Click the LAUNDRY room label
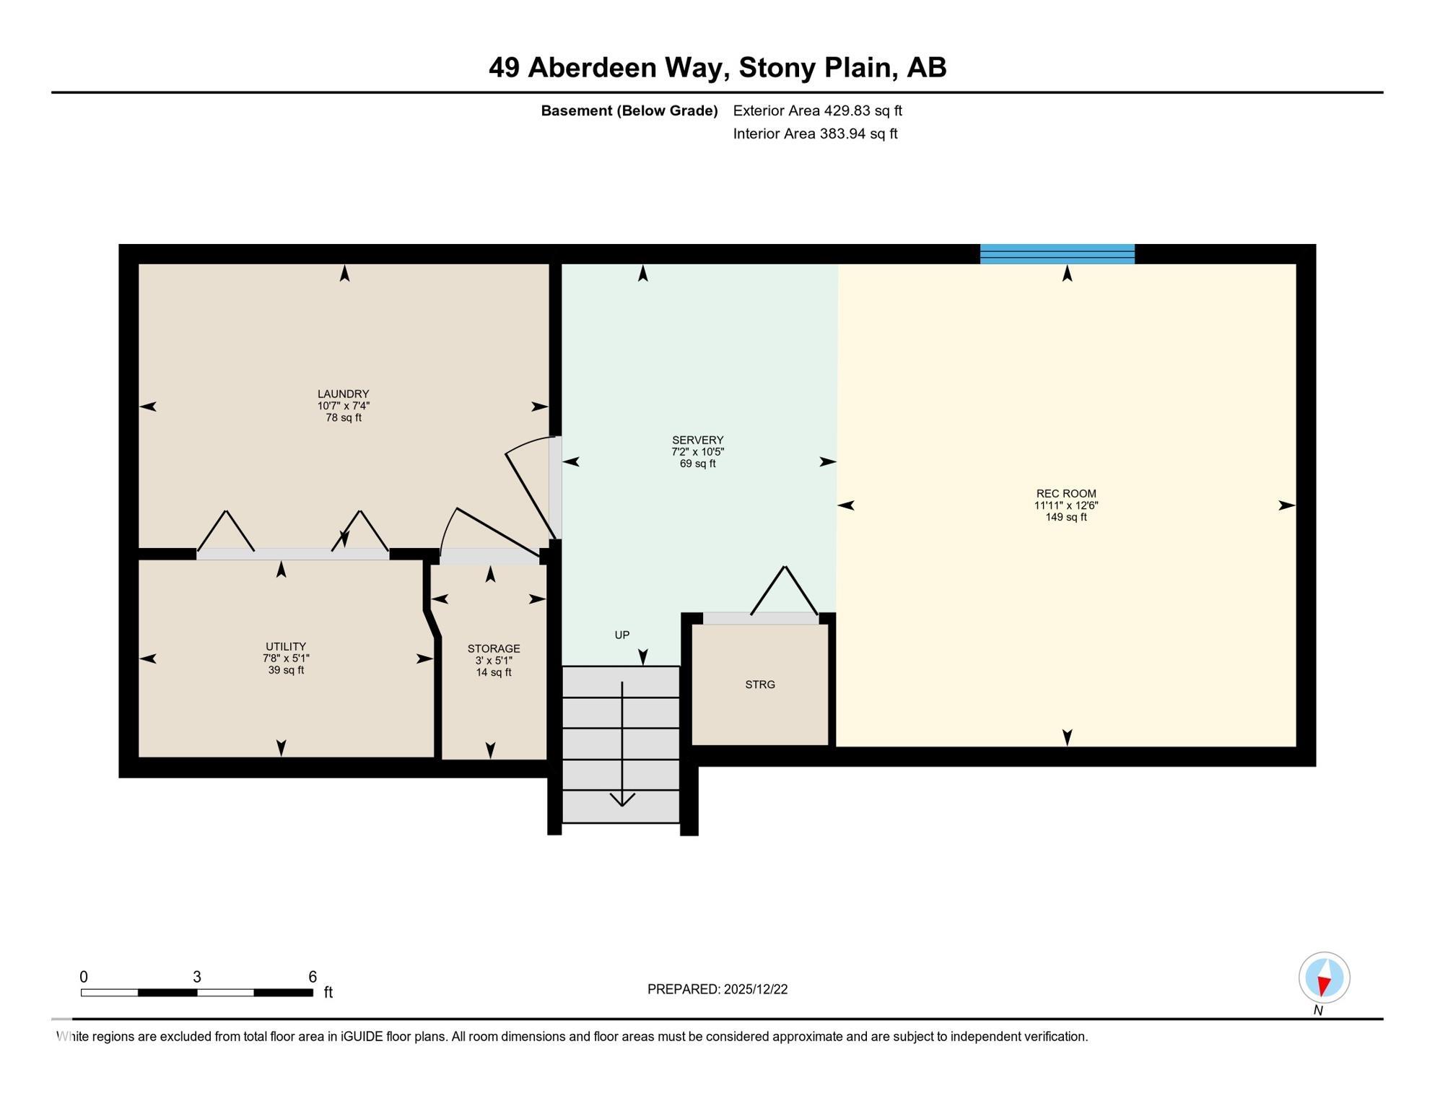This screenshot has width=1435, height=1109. pyautogui.click(x=343, y=393)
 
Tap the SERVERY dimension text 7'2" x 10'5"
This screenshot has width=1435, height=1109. pyautogui.click(x=697, y=452)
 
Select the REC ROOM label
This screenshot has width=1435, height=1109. pyautogui.click(x=1065, y=494)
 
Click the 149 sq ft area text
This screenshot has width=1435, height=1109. pyautogui.click(x=1065, y=517)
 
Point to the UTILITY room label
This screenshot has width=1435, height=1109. pyautogui.click(x=286, y=646)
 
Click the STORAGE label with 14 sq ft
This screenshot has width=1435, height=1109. pyautogui.click(x=493, y=648)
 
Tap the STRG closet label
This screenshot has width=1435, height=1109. pyautogui.click(x=759, y=684)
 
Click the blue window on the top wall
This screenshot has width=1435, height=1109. pyautogui.click(x=1057, y=254)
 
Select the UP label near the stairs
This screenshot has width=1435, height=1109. pyautogui.click(x=621, y=635)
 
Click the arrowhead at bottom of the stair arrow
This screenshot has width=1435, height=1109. pyautogui.click(x=621, y=799)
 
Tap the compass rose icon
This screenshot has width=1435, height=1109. pyautogui.click(x=1324, y=977)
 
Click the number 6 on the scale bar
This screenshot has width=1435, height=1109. pyautogui.click(x=312, y=977)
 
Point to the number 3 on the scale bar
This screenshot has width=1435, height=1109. pyautogui.click(x=196, y=977)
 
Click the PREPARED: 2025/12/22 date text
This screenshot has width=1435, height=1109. pyautogui.click(x=717, y=989)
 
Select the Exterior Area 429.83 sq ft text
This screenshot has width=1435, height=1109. pyautogui.click(x=817, y=110)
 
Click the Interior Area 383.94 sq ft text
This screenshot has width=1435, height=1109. pyautogui.click(x=815, y=134)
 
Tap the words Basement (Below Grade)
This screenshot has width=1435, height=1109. pyautogui.click(x=629, y=110)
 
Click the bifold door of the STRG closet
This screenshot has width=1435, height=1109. pyautogui.click(x=784, y=592)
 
